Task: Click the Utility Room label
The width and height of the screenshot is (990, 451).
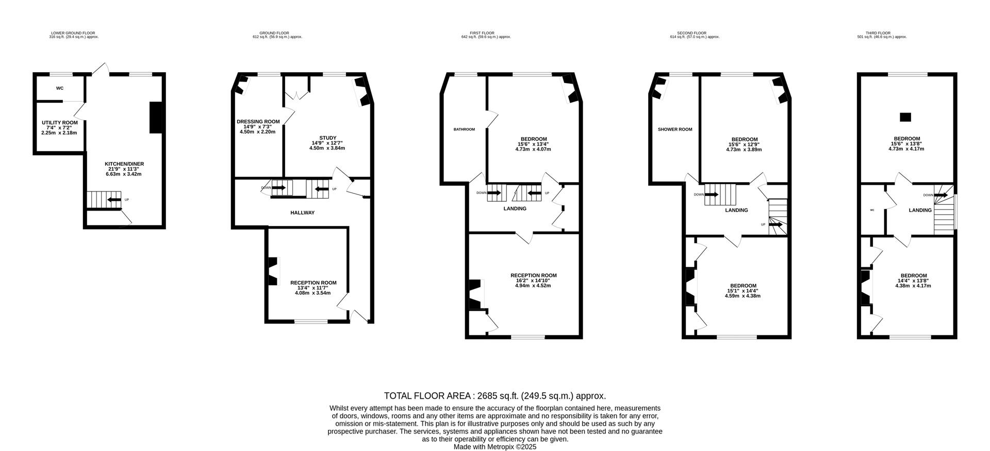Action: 60,122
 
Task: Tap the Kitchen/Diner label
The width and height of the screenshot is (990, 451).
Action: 124,164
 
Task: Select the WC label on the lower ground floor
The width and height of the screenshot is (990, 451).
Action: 60,88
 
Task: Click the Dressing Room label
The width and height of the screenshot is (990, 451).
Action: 258,122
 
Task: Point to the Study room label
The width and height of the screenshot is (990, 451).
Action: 327,138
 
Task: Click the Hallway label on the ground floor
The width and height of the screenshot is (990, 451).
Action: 302,213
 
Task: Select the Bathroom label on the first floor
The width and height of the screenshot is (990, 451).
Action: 464,130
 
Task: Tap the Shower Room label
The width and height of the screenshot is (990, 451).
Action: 675,130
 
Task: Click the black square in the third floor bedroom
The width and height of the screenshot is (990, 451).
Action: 905,117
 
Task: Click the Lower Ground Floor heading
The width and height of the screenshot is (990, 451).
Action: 73,33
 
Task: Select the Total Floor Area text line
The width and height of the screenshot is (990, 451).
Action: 495,396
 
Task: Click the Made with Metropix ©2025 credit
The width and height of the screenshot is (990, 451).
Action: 495,447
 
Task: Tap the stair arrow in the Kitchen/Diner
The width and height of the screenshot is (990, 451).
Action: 114,200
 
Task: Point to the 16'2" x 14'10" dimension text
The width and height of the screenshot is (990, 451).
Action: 533,280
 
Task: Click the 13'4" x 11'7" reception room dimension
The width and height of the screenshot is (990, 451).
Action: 313,288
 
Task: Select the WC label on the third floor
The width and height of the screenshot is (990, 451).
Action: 872,210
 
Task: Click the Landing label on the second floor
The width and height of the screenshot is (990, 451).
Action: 736,210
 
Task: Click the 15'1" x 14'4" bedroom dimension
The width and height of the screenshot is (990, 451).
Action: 742,291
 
